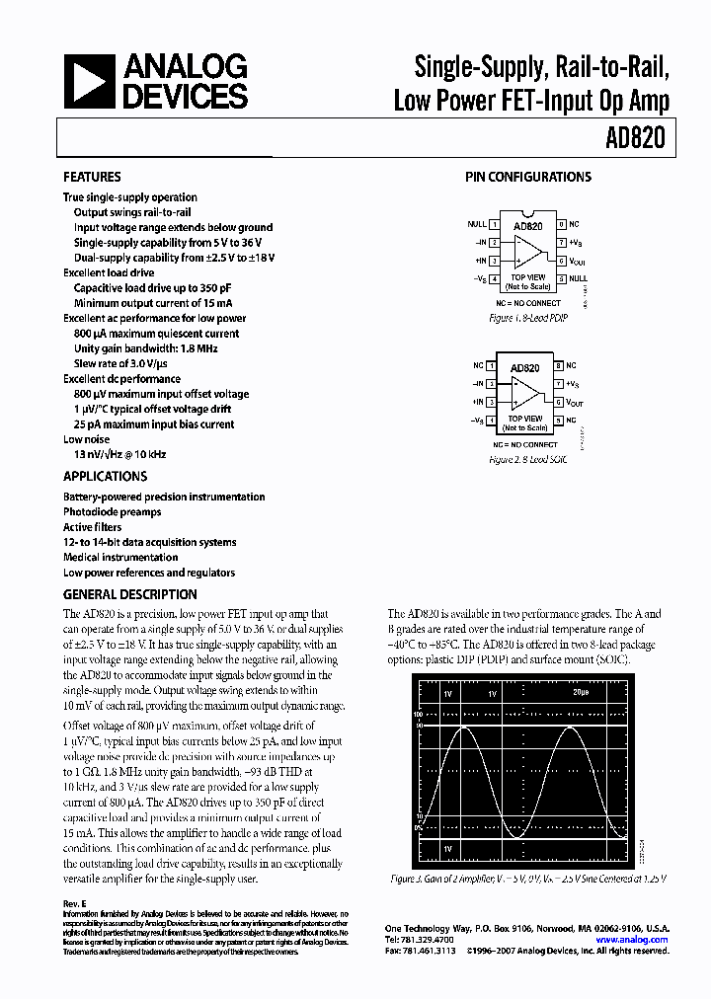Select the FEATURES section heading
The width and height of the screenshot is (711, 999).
point(92,177)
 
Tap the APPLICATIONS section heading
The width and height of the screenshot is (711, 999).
point(105,476)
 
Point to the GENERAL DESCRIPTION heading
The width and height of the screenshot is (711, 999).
point(130,594)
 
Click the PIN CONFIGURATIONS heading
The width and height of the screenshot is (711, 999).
point(528,177)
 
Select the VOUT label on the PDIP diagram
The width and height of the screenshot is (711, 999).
point(577,262)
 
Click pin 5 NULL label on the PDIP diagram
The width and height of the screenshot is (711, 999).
point(578,278)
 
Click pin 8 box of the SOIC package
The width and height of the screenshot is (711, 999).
point(558,366)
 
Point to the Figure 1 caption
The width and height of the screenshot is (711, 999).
point(528,318)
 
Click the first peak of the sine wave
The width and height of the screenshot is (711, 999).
point(464,728)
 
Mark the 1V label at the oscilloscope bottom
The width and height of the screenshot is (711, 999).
point(448,849)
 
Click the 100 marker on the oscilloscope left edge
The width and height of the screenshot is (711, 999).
point(418,712)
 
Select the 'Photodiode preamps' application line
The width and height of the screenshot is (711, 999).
point(112,512)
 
